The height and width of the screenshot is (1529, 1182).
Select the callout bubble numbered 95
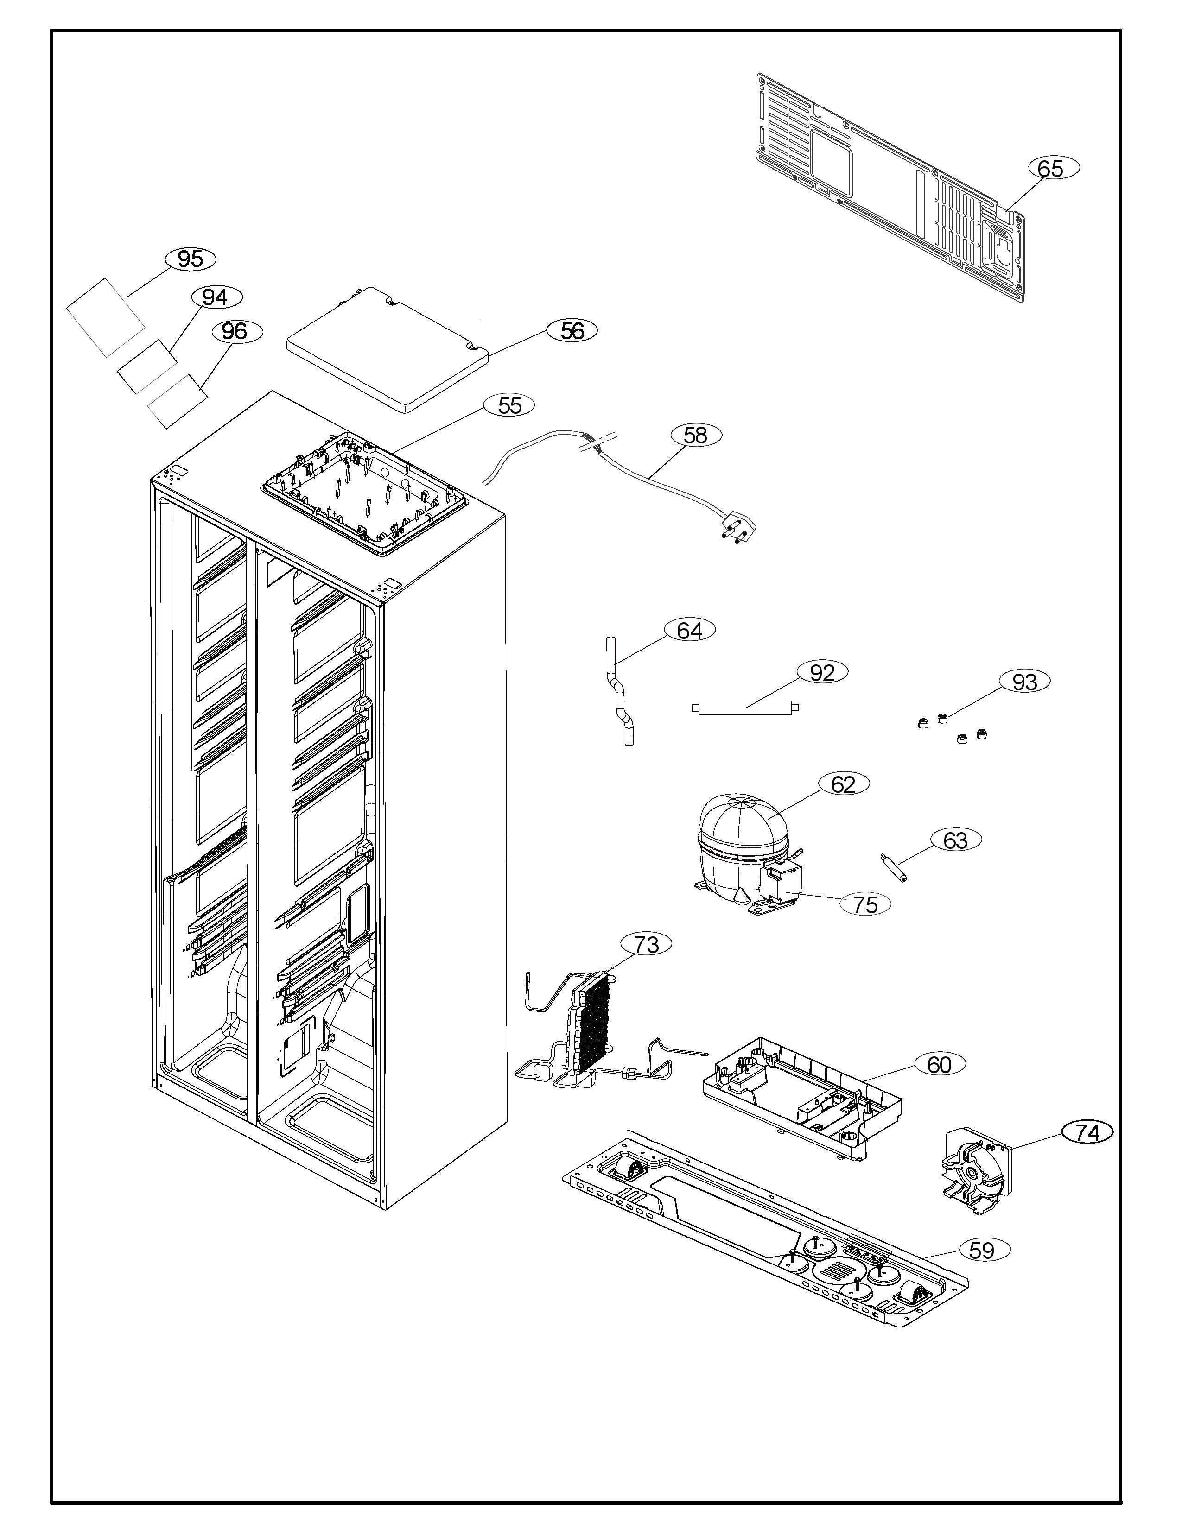click(191, 259)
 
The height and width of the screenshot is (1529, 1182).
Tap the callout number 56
click(572, 330)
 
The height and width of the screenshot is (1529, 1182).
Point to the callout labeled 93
click(1024, 681)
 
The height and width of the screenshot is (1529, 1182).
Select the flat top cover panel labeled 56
click(387, 347)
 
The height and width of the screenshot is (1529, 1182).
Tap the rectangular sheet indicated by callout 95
click(106, 317)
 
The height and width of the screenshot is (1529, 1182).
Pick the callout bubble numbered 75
click(865, 904)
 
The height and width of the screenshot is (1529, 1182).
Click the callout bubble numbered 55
click(510, 405)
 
